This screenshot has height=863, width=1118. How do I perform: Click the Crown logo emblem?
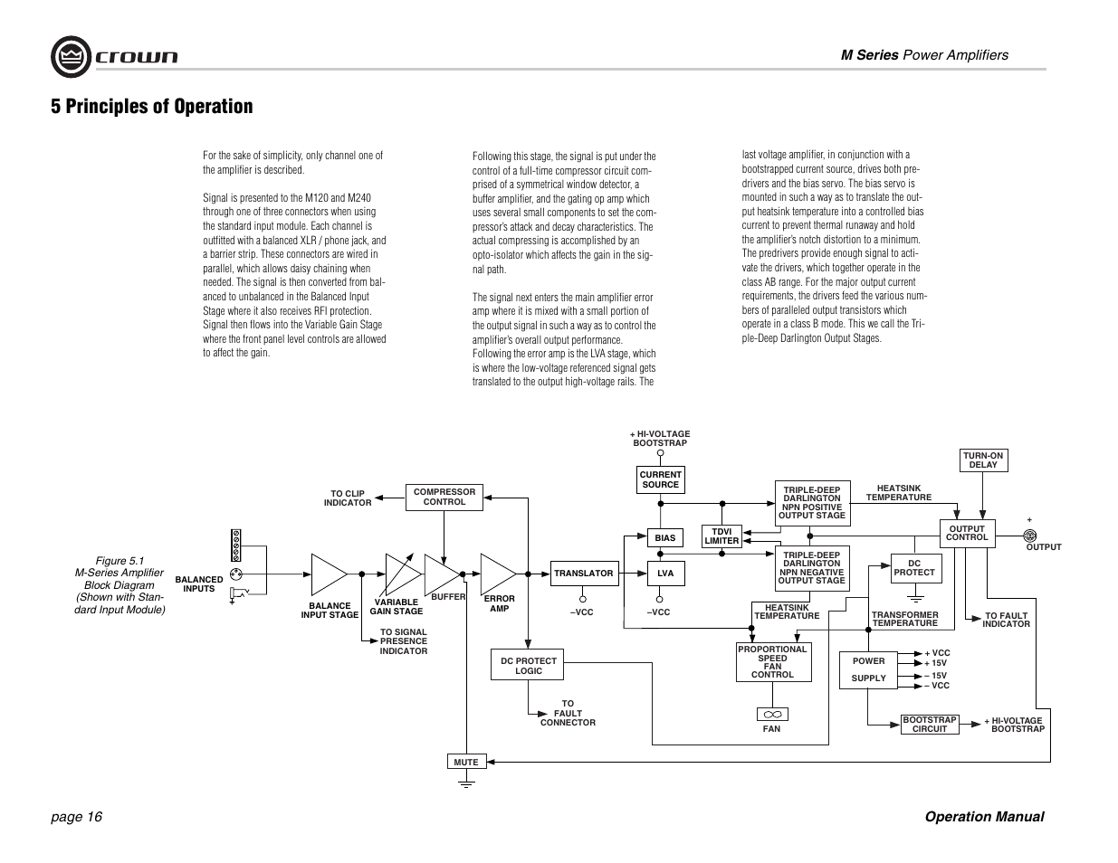(x=70, y=57)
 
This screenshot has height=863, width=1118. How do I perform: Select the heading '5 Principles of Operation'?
(x=152, y=107)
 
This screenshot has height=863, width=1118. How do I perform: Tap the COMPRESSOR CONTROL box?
(x=444, y=498)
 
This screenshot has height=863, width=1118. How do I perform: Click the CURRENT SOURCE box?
(x=660, y=479)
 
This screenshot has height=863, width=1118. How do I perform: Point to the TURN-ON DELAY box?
(x=983, y=460)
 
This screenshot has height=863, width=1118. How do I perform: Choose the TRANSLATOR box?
(x=583, y=573)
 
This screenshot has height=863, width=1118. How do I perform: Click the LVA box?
(x=665, y=573)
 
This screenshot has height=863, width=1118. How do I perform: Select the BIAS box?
(x=665, y=538)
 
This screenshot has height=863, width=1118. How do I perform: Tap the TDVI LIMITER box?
(x=721, y=536)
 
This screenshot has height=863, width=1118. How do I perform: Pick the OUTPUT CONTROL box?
(x=967, y=533)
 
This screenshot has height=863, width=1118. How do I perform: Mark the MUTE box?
(x=466, y=763)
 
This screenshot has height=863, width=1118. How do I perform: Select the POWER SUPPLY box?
(x=868, y=669)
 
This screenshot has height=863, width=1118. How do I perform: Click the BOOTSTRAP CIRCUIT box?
(x=929, y=725)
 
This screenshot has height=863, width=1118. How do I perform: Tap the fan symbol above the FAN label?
(x=772, y=715)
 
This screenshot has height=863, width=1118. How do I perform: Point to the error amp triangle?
(x=495, y=573)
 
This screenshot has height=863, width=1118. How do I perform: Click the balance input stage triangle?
(x=327, y=574)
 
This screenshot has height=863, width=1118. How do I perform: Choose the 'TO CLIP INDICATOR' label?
(x=348, y=498)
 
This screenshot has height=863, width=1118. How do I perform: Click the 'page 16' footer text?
(x=77, y=817)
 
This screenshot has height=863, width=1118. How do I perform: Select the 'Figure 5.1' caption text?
(x=119, y=561)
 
